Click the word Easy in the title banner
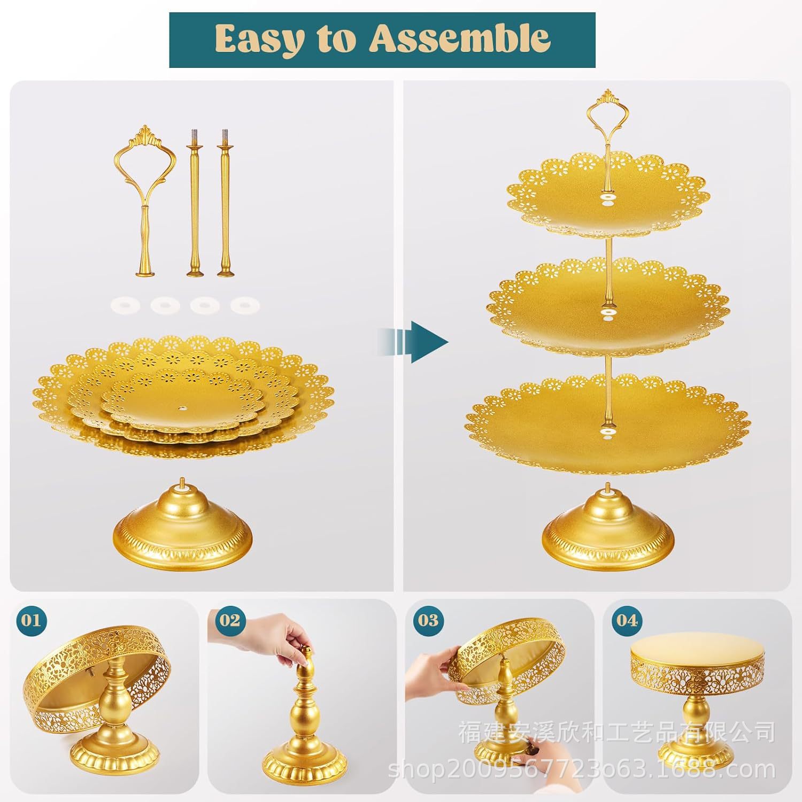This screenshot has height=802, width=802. tap(258, 38)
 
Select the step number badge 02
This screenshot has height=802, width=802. tap(229, 620)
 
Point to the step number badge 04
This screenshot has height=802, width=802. tap(627, 620)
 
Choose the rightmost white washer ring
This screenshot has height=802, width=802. tap(245, 305)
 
